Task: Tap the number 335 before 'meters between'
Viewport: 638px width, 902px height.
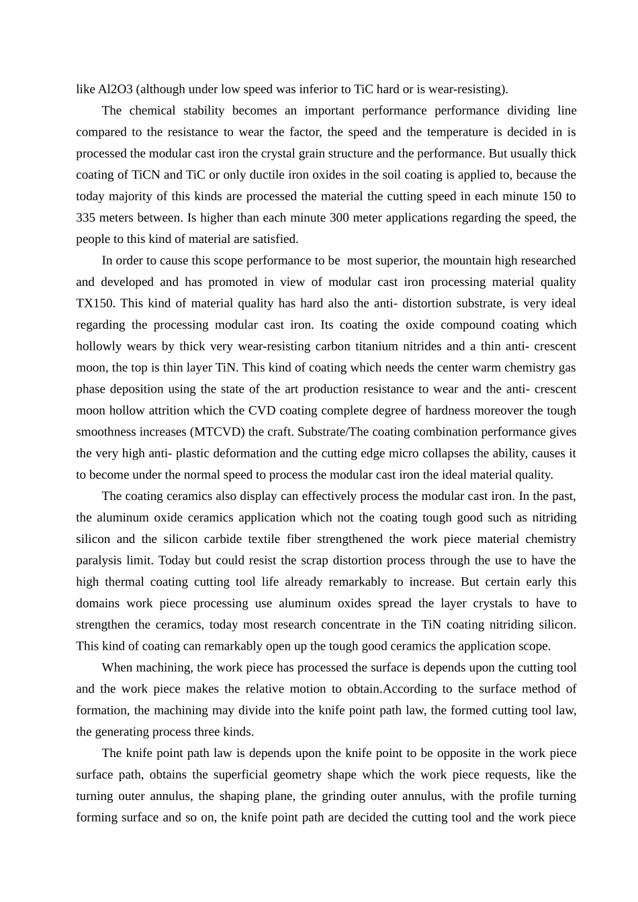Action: [x=85, y=217]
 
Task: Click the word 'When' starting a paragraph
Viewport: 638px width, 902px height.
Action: [x=118, y=667]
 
